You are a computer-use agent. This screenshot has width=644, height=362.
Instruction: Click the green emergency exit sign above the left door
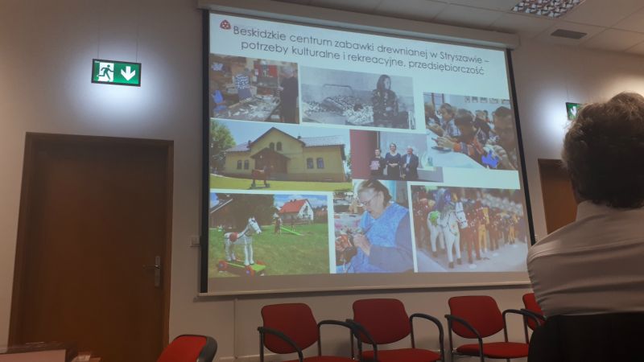click(116, 72)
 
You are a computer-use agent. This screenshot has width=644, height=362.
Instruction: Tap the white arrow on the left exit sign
click(128, 73)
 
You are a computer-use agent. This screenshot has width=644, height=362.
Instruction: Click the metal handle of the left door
click(155, 270)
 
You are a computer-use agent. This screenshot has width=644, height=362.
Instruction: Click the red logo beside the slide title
click(225, 25)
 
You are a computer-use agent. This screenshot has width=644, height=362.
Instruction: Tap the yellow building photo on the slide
click(280, 155)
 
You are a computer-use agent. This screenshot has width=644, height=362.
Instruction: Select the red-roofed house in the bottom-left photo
click(295, 211)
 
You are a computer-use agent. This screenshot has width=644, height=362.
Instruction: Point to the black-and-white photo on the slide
click(357, 98)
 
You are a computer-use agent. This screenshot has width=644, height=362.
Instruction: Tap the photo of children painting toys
click(470, 131)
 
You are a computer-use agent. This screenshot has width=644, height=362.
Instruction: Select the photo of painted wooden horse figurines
click(469, 228)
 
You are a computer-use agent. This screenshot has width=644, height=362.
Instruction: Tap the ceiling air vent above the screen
click(568, 34)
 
